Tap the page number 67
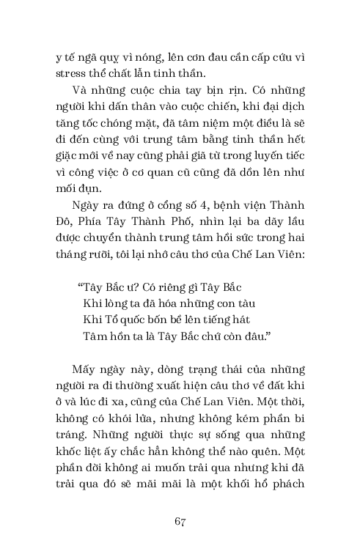[x=180, y=522]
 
